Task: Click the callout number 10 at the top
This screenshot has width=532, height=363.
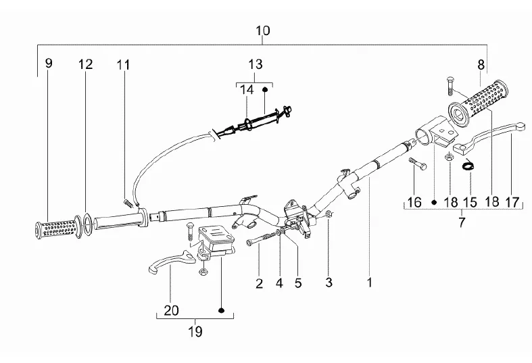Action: click(x=262, y=31)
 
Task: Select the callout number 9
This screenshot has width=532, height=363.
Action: click(x=49, y=63)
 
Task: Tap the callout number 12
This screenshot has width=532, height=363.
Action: click(x=85, y=64)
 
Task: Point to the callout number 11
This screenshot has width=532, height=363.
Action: click(x=124, y=64)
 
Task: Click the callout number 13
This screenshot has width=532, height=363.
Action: click(x=256, y=64)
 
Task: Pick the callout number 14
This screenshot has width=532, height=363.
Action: click(x=247, y=90)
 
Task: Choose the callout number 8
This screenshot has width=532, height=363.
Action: click(x=481, y=65)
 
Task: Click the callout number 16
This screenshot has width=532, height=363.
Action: click(x=414, y=202)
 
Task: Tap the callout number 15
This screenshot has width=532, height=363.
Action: click(x=470, y=203)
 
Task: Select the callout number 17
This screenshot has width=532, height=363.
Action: click(x=512, y=203)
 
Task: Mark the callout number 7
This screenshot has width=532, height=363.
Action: click(x=462, y=223)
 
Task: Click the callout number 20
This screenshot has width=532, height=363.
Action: click(x=171, y=310)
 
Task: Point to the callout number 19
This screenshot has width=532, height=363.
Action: click(x=195, y=331)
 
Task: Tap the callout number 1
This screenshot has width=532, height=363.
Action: click(x=370, y=283)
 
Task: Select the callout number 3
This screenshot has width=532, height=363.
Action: click(x=329, y=283)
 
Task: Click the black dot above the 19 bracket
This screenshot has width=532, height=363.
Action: click(x=222, y=310)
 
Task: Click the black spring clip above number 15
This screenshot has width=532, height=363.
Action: click(x=468, y=166)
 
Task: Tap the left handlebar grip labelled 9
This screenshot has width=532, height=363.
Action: click(x=57, y=228)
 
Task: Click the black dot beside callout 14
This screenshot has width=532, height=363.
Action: click(x=265, y=89)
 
